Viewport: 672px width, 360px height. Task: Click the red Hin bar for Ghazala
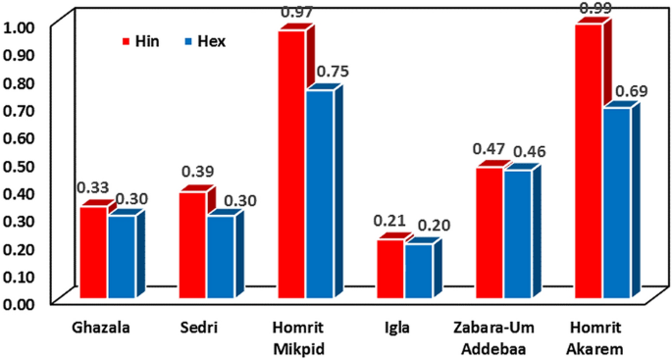(x=93, y=252)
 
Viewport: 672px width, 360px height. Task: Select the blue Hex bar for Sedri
(x=221, y=256)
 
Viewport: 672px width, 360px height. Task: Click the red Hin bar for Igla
(x=389, y=269)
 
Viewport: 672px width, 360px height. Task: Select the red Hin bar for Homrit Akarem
(x=588, y=161)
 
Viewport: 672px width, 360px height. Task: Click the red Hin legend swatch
(x=126, y=42)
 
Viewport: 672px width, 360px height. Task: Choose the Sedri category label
(x=204, y=324)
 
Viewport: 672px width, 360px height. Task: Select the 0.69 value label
(x=630, y=91)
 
